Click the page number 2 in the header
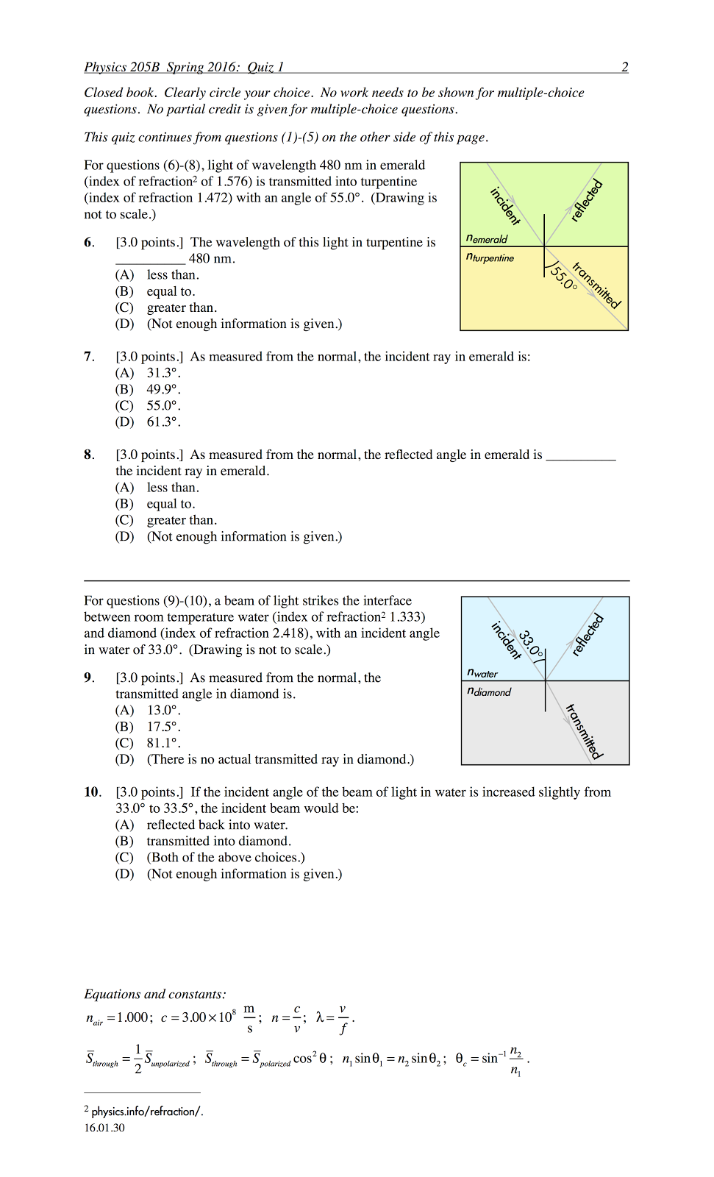click(x=624, y=67)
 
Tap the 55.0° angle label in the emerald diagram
click(x=564, y=277)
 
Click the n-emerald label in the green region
click(x=487, y=238)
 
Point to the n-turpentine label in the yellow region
click(x=490, y=257)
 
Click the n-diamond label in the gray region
click(x=488, y=691)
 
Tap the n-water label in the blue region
click(x=482, y=672)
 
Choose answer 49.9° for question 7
click(x=163, y=389)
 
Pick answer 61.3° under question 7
click(x=163, y=422)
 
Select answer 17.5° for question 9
click(x=163, y=727)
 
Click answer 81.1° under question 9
click(x=163, y=743)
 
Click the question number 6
click(x=88, y=243)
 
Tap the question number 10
click(x=92, y=792)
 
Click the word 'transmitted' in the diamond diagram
click(x=584, y=731)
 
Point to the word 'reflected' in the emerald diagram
click(x=586, y=200)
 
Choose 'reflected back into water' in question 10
click(x=217, y=825)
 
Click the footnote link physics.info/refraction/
click(x=147, y=1112)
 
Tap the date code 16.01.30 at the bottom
click(x=104, y=1128)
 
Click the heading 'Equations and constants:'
click(x=155, y=995)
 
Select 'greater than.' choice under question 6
click(x=182, y=307)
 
